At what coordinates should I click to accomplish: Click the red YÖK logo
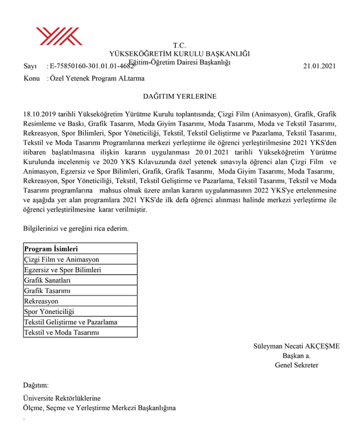[59, 36]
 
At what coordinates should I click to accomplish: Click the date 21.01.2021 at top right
[320, 66]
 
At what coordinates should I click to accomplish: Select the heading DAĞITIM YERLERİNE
[180, 96]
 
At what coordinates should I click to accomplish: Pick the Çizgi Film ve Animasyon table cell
[61, 259]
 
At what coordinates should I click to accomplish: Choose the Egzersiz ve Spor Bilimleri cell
[62, 270]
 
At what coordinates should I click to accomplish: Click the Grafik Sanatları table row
[47, 280]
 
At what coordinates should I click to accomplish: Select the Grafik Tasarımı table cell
[47, 291]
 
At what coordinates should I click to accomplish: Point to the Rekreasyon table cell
[41, 301]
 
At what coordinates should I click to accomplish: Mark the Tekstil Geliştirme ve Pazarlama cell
[70, 322]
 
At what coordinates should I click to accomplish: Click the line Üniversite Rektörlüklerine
[61, 398]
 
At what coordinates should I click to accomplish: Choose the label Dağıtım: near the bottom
[36, 386]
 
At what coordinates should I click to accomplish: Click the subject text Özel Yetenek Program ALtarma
[96, 78]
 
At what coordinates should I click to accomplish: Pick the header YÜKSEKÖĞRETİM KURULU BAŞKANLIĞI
[180, 54]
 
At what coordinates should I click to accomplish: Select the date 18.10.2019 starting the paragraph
[39, 113]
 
